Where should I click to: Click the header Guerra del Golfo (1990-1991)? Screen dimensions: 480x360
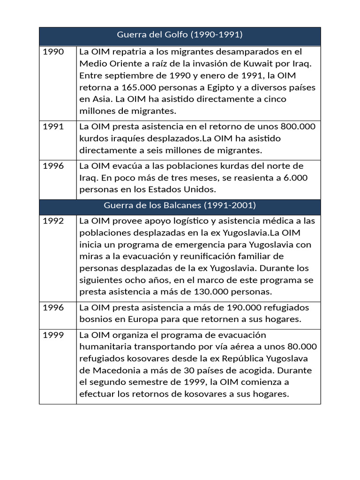(x=180, y=35)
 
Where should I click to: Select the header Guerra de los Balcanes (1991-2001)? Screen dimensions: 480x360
(x=180, y=206)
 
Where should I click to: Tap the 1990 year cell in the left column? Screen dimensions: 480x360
(x=53, y=52)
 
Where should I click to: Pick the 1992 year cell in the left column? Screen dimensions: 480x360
(x=53, y=221)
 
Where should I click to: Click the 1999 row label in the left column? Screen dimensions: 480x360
(x=53, y=335)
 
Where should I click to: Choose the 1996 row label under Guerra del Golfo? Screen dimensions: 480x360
(x=53, y=166)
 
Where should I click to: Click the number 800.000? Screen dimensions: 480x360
(x=298, y=127)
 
